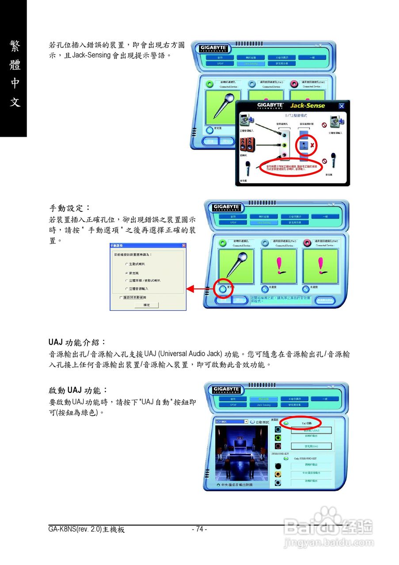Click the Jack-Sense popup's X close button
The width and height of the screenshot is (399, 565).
(x=341, y=106)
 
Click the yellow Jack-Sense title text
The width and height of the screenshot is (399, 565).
(x=307, y=106)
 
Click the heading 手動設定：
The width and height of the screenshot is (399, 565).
(x=69, y=207)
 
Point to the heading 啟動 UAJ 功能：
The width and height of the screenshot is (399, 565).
(x=78, y=390)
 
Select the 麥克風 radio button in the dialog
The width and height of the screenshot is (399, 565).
(x=126, y=273)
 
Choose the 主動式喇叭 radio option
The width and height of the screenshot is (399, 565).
(x=126, y=264)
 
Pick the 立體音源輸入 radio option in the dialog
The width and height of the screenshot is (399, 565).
(x=126, y=289)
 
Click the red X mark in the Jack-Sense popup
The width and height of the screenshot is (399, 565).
(x=312, y=145)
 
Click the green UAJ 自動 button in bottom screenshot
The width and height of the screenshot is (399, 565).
(x=286, y=423)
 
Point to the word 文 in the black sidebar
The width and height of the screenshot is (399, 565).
(x=15, y=103)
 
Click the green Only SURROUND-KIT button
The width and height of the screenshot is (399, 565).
(x=286, y=458)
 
